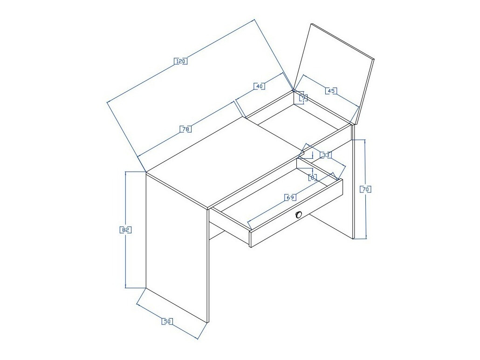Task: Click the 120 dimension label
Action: point(181,61)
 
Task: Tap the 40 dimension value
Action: point(260,86)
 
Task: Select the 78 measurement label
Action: point(185,129)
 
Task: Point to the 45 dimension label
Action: point(331,91)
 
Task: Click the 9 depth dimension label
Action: point(303,97)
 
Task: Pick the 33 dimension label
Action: point(326,155)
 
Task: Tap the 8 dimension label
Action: point(313,177)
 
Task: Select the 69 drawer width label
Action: point(290,197)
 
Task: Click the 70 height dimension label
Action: point(366,189)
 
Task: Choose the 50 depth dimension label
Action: point(167,321)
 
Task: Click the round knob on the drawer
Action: point(299,214)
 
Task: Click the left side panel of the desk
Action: point(176,247)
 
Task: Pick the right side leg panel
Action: point(354,186)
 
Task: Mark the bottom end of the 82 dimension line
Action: point(126,287)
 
